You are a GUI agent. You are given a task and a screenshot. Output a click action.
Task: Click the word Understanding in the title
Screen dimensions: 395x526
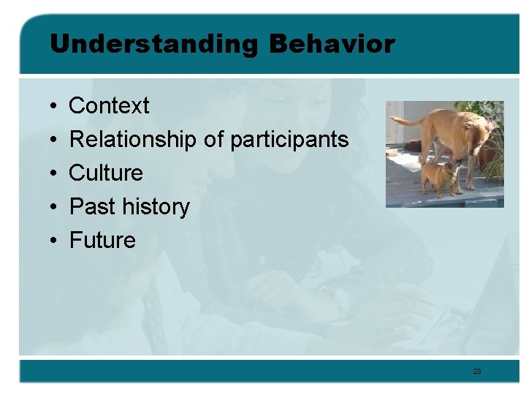click(153, 45)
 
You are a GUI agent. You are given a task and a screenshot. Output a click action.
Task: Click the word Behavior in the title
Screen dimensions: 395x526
click(332, 45)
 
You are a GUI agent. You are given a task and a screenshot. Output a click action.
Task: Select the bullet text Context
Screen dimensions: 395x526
click(109, 106)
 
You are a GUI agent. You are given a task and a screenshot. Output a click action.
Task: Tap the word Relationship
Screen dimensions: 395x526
click(132, 140)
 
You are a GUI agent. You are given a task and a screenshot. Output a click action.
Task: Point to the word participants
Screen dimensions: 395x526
click(289, 140)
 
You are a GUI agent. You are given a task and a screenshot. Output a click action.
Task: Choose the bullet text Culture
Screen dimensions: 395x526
click(106, 173)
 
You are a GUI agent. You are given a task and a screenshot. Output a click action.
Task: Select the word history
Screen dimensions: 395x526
click(156, 207)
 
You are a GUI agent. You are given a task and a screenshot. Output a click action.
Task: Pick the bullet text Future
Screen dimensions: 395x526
click(102, 241)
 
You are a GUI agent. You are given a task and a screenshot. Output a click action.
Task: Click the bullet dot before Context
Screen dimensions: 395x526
click(55, 107)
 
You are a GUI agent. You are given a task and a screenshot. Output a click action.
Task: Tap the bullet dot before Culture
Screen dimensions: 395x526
click(55, 174)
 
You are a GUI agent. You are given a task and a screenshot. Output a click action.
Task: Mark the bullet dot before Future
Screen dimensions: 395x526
click(55, 241)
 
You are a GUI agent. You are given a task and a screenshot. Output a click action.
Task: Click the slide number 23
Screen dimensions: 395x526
click(477, 372)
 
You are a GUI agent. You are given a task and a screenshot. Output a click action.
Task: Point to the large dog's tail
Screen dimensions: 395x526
click(404, 121)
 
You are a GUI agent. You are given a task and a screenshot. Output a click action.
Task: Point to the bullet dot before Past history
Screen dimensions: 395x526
click(55, 208)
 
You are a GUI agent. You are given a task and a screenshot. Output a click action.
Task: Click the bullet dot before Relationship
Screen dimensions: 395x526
click(55, 140)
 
